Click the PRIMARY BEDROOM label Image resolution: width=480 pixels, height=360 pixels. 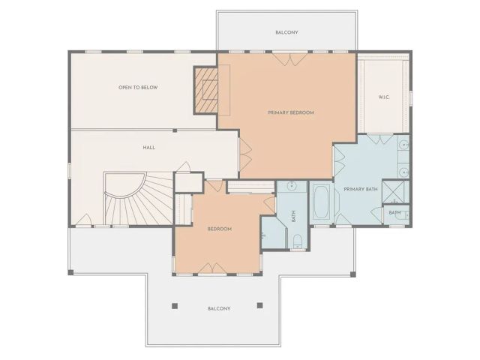[x=290, y=112]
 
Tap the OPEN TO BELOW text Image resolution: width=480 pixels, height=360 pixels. [x=137, y=88]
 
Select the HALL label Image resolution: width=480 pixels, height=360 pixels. [x=148, y=148]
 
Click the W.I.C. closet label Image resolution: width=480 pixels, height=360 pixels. [x=383, y=97]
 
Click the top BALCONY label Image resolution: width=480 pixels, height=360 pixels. [x=286, y=32]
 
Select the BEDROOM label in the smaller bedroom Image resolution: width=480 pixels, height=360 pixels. [x=219, y=228]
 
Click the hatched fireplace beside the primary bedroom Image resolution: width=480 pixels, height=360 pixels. [x=205, y=90]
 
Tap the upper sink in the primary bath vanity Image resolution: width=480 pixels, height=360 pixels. [x=403, y=144]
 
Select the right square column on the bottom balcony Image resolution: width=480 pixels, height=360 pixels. [x=259, y=305]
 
